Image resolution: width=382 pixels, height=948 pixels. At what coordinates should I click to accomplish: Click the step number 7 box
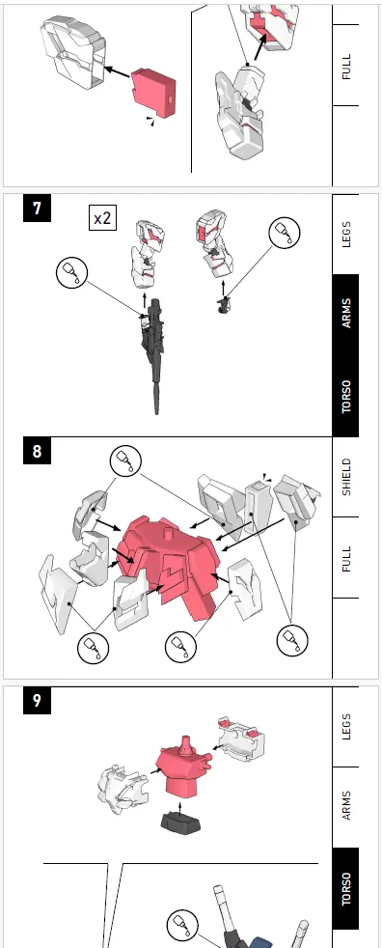(37, 208)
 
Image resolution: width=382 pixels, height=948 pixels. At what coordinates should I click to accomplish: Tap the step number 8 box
(37, 451)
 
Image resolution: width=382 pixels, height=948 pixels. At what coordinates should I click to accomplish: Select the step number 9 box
(37, 700)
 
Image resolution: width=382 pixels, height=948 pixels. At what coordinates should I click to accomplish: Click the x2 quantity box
(103, 217)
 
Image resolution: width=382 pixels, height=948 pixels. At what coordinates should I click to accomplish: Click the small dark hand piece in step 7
(224, 304)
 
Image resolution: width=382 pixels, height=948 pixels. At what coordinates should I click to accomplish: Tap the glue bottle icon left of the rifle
(72, 272)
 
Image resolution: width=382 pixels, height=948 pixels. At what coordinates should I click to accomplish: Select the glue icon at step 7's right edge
(284, 234)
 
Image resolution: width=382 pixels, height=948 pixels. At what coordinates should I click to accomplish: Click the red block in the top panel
(153, 92)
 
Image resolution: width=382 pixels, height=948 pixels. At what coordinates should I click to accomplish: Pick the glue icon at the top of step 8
(125, 461)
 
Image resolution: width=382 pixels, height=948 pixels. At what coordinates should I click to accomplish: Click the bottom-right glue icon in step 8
(292, 639)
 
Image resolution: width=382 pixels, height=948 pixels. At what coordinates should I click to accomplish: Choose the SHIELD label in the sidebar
(345, 477)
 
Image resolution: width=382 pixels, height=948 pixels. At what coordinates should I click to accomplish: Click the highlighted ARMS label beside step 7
(345, 313)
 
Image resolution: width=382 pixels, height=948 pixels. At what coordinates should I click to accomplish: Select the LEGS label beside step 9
(345, 726)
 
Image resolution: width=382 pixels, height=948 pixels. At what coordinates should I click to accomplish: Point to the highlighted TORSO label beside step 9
(345, 888)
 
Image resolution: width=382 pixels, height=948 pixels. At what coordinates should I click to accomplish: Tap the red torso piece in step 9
(183, 769)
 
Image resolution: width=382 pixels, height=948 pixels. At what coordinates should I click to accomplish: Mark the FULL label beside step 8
(345, 558)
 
